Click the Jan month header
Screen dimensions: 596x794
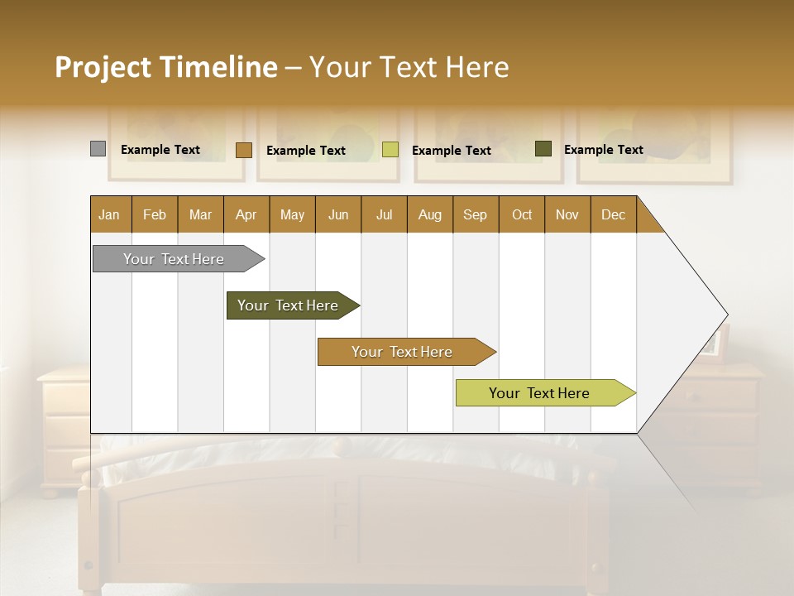click(110, 214)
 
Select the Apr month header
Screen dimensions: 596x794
click(246, 214)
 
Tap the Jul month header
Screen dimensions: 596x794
click(384, 214)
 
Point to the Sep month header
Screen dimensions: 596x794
click(476, 214)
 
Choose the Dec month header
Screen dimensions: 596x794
click(613, 214)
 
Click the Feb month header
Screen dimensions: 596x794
click(155, 214)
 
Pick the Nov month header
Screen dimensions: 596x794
click(567, 214)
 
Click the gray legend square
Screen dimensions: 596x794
click(98, 149)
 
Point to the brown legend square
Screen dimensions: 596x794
click(244, 150)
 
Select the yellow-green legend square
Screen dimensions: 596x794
click(390, 150)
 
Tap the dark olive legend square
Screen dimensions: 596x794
click(543, 149)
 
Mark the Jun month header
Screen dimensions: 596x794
click(338, 214)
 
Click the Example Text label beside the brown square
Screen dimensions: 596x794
click(306, 151)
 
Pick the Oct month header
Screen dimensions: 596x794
click(522, 214)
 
